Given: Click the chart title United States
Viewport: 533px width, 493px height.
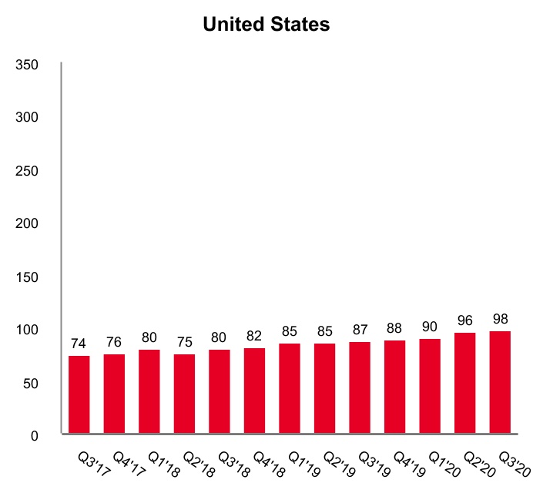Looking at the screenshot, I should coord(266,25).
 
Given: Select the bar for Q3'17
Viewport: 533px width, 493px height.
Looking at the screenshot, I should coord(79,395).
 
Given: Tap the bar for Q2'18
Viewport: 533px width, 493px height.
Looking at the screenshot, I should coord(184,394).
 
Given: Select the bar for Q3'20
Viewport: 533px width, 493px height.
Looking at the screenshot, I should coord(500,383).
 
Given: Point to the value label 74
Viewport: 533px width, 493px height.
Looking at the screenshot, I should coord(79,343).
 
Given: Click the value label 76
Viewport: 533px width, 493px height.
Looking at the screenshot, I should coord(114,341).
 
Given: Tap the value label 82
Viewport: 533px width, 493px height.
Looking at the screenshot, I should coord(254,336).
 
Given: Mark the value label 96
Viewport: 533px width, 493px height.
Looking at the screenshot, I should coord(464,320).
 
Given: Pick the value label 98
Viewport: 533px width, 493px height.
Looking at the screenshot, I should coord(500,318).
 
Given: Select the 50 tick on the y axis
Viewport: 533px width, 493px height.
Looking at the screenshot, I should coord(30,383).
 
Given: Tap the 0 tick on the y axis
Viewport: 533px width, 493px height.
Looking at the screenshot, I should coord(34,436).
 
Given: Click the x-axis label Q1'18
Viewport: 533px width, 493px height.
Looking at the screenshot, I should coord(162,462).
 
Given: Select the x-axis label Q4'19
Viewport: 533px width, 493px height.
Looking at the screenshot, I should coord(407,462).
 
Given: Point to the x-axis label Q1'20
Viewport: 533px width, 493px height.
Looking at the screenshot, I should coord(442,462).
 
